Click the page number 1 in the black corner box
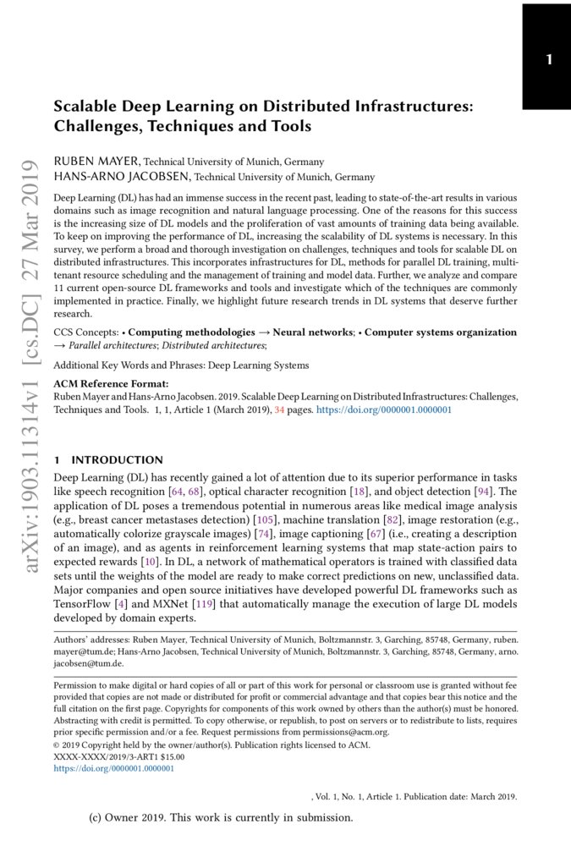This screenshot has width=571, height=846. coord(549,60)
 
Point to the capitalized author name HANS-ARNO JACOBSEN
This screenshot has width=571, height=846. coord(123,177)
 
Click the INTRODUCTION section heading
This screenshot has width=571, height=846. coord(117,460)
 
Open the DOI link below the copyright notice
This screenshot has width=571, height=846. coord(113,769)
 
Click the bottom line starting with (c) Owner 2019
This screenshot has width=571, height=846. coord(220,818)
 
